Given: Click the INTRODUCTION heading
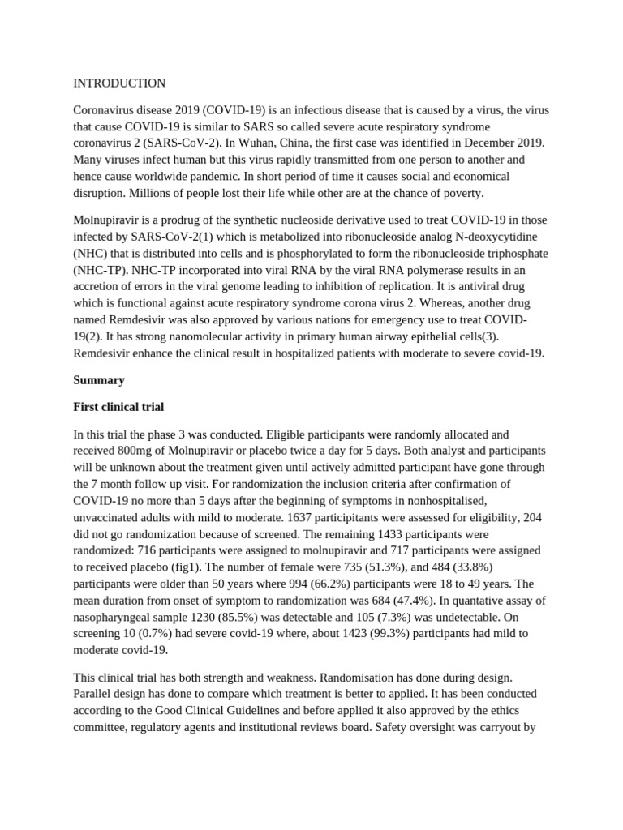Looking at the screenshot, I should click(119, 83).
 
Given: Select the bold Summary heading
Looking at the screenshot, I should click(99, 379).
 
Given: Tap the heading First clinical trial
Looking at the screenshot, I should click(118, 406).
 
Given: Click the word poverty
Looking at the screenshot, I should click(461, 192).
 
